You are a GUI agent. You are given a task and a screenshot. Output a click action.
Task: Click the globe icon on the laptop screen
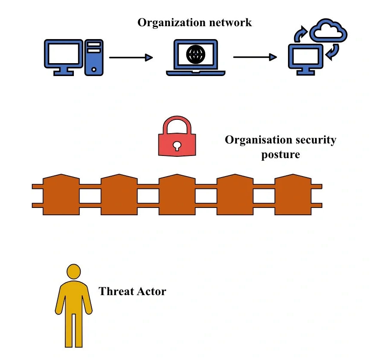tap(196, 54)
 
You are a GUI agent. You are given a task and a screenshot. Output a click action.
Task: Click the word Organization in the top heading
tap(172, 23)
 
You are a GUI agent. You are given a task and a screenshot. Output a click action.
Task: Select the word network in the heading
tap(231, 23)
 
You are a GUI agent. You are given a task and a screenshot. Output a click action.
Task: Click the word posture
tap(280, 155)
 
